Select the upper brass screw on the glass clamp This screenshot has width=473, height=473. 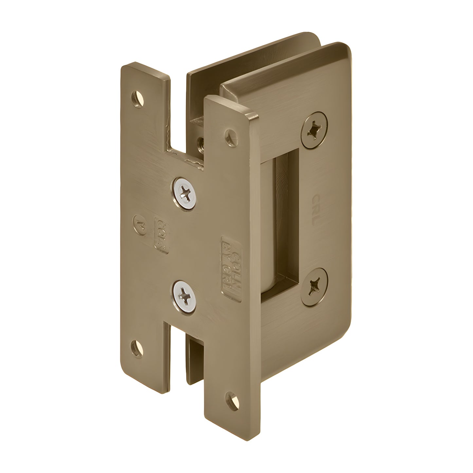pyautogui.click(x=314, y=129)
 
